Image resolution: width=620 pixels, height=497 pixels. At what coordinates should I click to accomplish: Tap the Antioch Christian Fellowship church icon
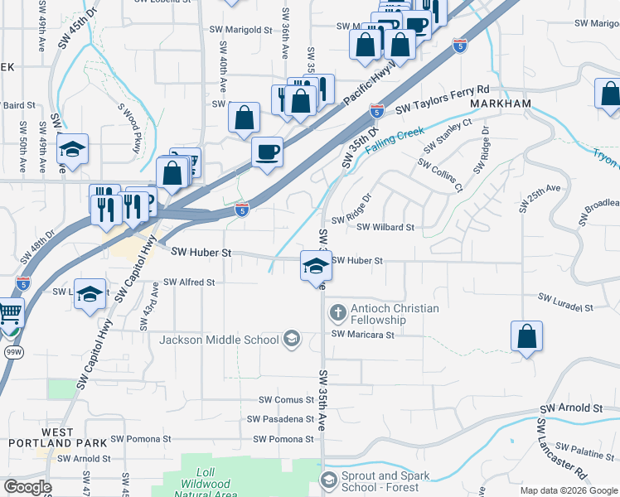pos(337,313)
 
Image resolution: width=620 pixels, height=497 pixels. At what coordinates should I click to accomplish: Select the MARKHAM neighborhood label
pos(499,103)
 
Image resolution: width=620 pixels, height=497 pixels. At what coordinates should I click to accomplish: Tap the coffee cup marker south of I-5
pos(267,152)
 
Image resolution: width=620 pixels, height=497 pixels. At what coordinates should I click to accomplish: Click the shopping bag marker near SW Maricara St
pos(526,337)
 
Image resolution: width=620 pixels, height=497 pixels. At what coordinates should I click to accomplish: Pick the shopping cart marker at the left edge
pos(9,315)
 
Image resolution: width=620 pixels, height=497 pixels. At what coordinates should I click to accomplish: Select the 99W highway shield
pos(14,351)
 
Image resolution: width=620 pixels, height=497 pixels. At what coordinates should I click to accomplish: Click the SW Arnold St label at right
pos(571,408)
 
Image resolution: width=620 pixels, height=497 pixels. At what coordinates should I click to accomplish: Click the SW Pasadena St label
pos(282,419)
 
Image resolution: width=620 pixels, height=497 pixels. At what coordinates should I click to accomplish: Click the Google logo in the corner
pos(27,486)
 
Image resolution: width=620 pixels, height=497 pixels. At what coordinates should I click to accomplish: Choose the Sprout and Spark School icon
pos(329,480)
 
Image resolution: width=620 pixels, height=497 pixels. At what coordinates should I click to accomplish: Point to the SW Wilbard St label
pos(385,227)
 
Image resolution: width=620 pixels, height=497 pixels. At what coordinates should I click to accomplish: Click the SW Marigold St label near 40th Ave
pos(241,29)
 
